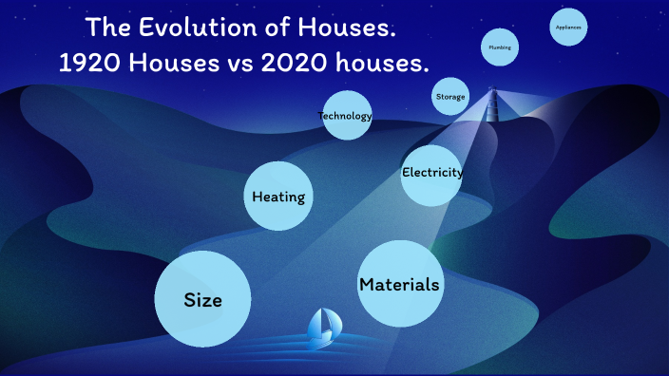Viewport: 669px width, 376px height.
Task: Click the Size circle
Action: pos(202,299)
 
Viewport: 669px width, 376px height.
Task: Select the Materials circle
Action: pos(399,283)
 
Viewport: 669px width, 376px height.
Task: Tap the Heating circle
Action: pos(278,197)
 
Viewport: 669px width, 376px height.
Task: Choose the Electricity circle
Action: pos(431,174)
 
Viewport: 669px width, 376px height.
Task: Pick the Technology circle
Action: pos(346,116)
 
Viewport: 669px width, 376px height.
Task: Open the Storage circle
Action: pos(450,97)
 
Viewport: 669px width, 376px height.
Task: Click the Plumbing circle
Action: pos(499,47)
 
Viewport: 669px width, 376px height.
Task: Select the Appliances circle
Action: pos(568,28)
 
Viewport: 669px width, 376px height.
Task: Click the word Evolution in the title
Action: pos(198,29)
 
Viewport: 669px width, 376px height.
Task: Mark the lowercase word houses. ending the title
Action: pos(382,64)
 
